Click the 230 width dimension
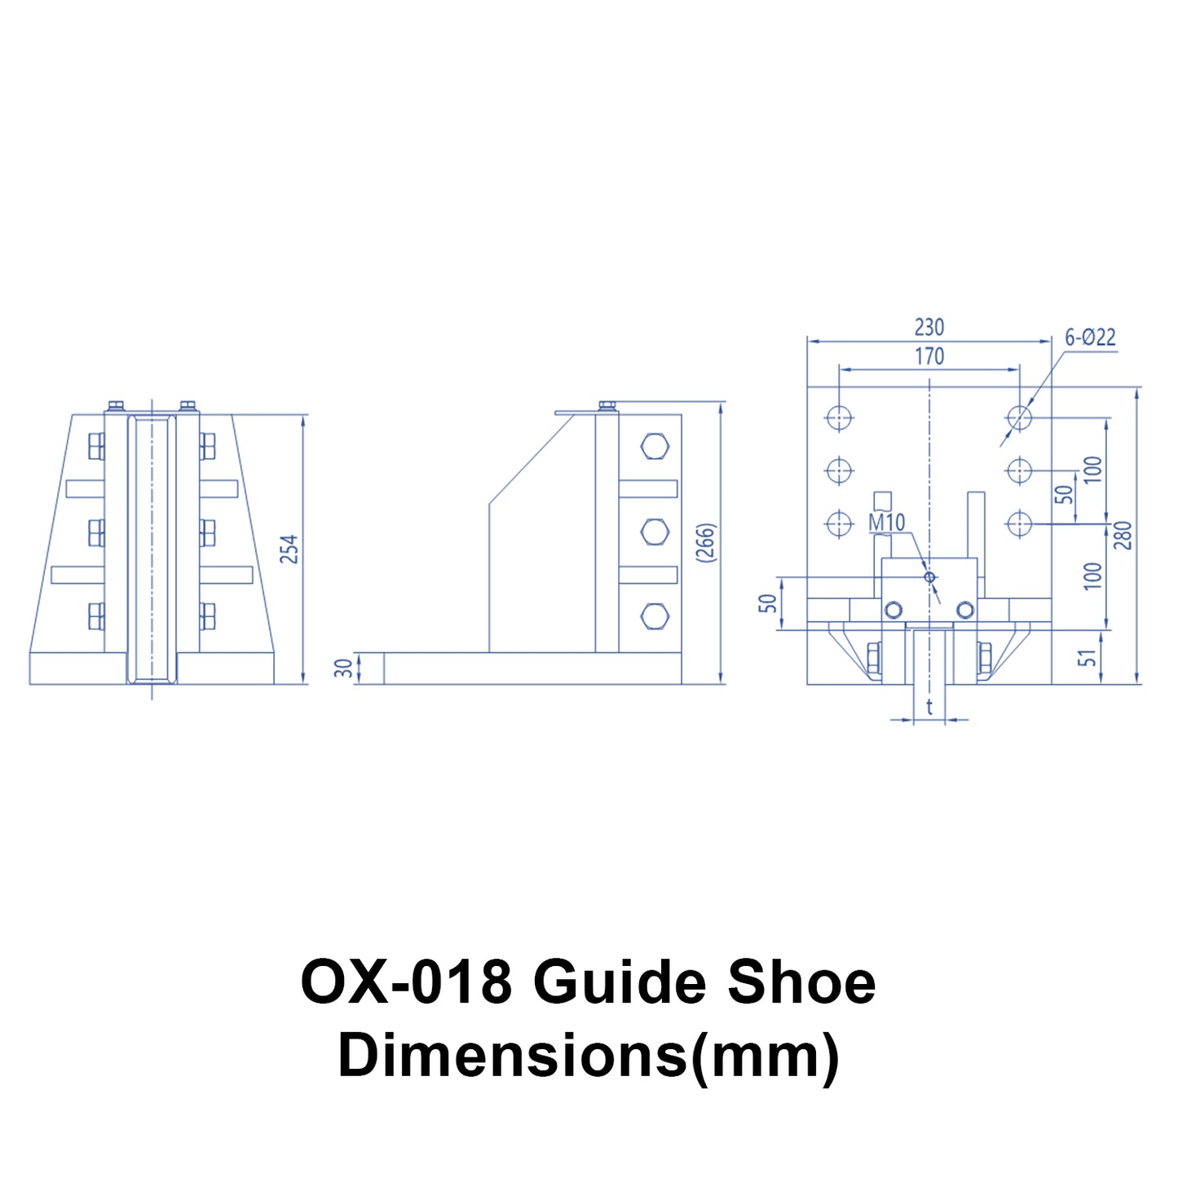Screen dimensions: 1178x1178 click(x=929, y=327)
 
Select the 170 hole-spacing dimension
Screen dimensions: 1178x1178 click(x=929, y=356)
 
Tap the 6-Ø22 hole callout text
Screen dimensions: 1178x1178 click(x=1090, y=338)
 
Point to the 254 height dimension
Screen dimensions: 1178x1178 click(x=289, y=549)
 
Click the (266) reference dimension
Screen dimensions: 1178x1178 click(x=706, y=542)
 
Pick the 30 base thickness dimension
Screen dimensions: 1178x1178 click(x=345, y=668)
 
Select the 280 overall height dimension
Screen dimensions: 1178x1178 click(x=1123, y=536)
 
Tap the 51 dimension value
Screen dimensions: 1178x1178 click(x=1088, y=657)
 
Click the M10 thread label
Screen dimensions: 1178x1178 click(x=887, y=523)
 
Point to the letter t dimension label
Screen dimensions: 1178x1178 click(x=929, y=707)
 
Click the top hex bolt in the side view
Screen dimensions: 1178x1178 click(x=655, y=447)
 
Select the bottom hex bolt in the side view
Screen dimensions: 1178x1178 click(x=655, y=616)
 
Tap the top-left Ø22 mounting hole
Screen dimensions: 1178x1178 click(x=839, y=417)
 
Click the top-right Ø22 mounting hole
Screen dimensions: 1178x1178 click(x=1019, y=417)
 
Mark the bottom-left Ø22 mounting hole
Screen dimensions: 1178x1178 click(x=839, y=523)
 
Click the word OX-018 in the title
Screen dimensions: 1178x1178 click(x=406, y=982)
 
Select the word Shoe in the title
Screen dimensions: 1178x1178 click(x=801, y=982)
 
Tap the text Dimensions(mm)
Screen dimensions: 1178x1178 click(x=589, y=1055)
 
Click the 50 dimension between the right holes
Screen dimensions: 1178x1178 click(x=1065, y=494)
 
